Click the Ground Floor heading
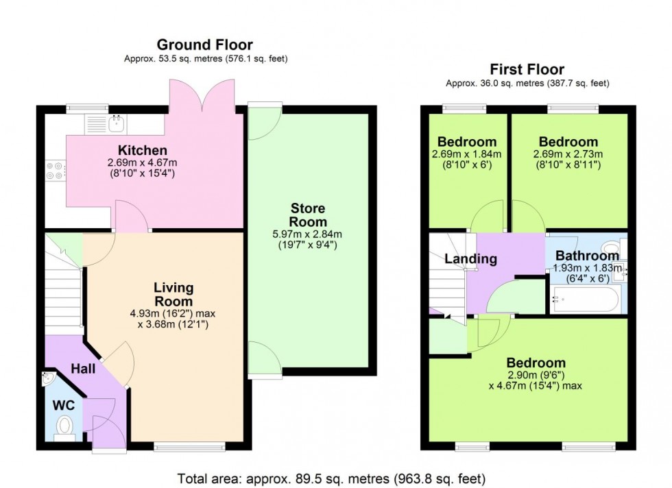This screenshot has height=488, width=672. [x=205, y=45]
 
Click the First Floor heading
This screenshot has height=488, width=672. [x=527, y=69]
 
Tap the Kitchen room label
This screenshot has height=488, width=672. [x=142, y=150]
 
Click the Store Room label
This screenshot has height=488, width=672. [x=308, y=215]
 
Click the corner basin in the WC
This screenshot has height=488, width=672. [x=48, y=377]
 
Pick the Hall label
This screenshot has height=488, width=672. [x=83, y=369]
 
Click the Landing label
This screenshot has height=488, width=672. [x=470, y=259]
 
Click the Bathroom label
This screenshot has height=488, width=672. [x=587, y=256]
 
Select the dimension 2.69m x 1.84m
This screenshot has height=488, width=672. [x=466, y=154]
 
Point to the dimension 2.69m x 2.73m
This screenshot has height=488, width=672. [x=568, y=154]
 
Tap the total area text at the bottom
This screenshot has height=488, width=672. [x=332, y=478]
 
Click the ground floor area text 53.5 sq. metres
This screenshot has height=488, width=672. [x=205, y=60]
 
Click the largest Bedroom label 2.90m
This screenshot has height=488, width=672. [x=536, y=363]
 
